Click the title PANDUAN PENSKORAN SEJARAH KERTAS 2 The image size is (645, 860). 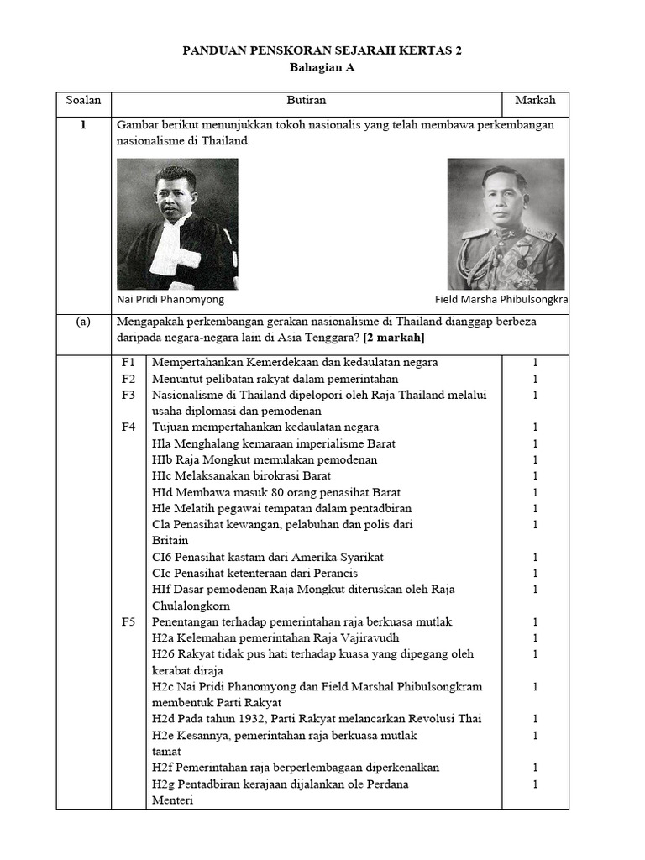click(x=322, y=51)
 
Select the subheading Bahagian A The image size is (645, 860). click(x=322, y=69)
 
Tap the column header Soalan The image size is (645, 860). click(x=83, y=100)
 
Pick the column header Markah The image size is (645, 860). click(x=535, y=100)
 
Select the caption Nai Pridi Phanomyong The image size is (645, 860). click(x=170, y=299)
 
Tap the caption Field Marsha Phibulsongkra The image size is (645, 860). click(x=501, y=299)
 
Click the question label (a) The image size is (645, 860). click(x=83, y=321)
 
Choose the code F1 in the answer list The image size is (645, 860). click(x=128, y=362)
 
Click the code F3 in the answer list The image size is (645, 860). click(x=128, y=395)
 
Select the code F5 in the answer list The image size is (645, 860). click(x=128, y=621)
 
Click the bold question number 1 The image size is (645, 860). click(x=83, y=124)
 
